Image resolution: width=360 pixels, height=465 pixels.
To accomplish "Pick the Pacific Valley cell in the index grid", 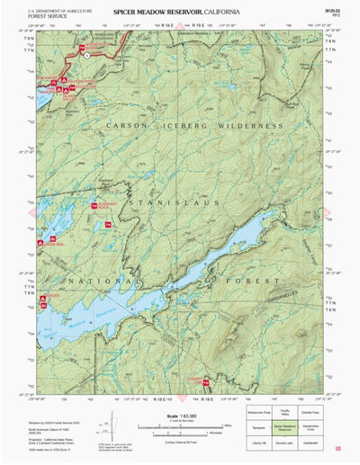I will (283, 413).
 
